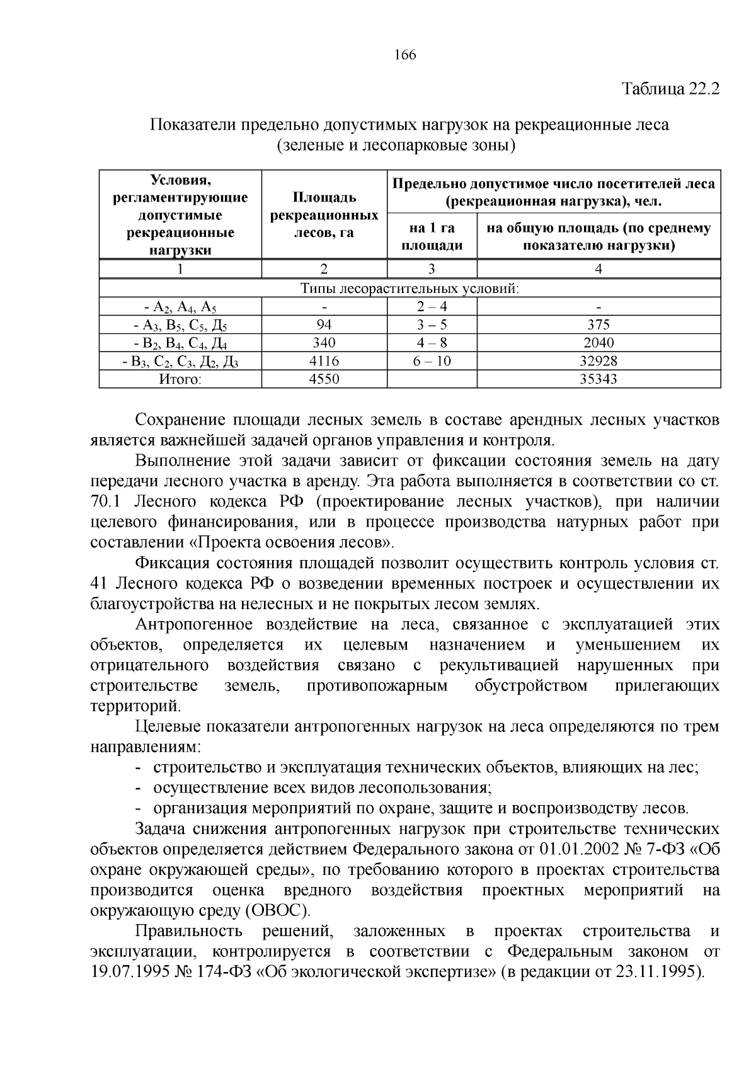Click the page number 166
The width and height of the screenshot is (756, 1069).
(x=405, y=55)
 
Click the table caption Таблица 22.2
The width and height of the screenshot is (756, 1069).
(x=670, y=88)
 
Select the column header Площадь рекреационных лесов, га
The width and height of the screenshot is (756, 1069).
(x=324, y=215)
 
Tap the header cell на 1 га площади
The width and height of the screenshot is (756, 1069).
(x=432, y=236)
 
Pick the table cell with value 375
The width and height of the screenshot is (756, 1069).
(x=598, y=325)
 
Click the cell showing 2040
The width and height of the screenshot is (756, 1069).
(x=598, y=343)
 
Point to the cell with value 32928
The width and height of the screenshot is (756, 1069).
(x=598, y=362)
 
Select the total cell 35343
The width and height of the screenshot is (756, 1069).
(x=598, y=379)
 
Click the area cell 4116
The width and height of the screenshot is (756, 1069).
(x=324, y=362)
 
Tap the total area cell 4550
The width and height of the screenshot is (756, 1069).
(x=324, y=379)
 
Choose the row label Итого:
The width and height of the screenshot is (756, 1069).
(x=180, y=379)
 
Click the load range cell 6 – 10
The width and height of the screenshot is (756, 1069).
(x=432, y=362)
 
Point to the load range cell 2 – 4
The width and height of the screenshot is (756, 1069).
(x=432, y=307)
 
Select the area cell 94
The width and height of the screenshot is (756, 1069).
(x=324, y=325)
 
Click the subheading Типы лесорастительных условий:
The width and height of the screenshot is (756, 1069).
(x=409, y=289)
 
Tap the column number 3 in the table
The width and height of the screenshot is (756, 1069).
(x=432, y=270)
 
